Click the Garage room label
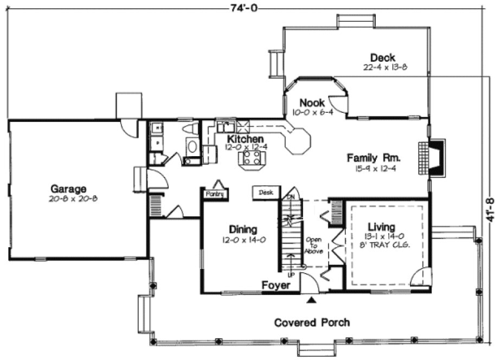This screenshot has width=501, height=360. click(68, 189)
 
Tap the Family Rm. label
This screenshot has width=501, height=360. click(374, 158)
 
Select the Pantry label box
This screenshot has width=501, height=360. click(215, 194)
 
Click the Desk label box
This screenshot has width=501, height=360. click(265, 192)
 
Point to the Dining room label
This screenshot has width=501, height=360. click(243, 229)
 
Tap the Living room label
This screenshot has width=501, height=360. click(382, 227)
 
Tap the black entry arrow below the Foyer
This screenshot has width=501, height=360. click(311, 299)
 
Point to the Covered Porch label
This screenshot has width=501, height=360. click(311, 323)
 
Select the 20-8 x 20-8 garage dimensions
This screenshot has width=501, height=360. click(68, 199)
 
